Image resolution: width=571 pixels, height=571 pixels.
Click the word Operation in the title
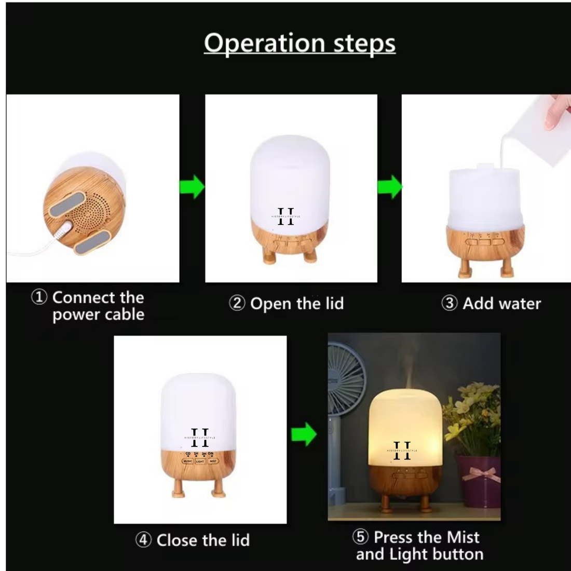tap(265, 44)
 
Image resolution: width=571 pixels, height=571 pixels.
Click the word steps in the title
tap(364, 44)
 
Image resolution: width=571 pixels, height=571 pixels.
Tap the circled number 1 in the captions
tap(39, 297)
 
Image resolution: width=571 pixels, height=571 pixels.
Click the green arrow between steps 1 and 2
tap(192, 187)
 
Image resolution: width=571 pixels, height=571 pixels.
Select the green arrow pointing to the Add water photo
tap(389, 187)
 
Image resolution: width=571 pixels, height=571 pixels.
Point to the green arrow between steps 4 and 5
tap(304, 434)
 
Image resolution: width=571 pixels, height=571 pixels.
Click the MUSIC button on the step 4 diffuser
tap(187, 461)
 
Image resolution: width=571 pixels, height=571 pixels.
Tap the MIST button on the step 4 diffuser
tap(213, 461)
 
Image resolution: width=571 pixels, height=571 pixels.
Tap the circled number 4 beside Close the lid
tap(143, 540)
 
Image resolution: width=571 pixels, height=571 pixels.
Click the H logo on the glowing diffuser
tap(402, 450)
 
